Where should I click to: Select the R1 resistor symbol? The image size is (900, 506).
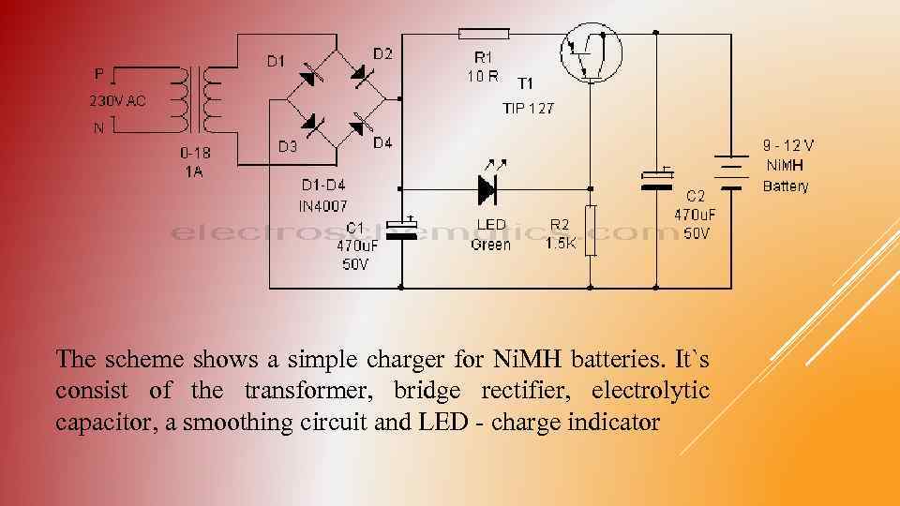point(483,34)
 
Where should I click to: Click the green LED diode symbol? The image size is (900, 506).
point(487,188)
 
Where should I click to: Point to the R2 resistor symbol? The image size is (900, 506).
point(591,230)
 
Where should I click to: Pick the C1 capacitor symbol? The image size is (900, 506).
point(403,227)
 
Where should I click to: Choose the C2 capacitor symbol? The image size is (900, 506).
point(656,179)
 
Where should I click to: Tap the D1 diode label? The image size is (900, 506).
point(276,62)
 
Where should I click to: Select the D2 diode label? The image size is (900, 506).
point(382,53)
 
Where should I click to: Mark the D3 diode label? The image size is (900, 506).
point(288,146)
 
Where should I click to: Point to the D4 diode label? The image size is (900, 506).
point(382,143)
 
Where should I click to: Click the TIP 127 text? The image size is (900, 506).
point(528,108)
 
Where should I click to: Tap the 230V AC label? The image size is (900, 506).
point(117,101)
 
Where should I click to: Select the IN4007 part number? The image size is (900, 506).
point(322,205)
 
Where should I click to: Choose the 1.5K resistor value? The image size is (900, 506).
point(561,243)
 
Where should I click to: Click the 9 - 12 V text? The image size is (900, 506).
point(787,145)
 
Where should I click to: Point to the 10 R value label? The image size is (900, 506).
point(484,76)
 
